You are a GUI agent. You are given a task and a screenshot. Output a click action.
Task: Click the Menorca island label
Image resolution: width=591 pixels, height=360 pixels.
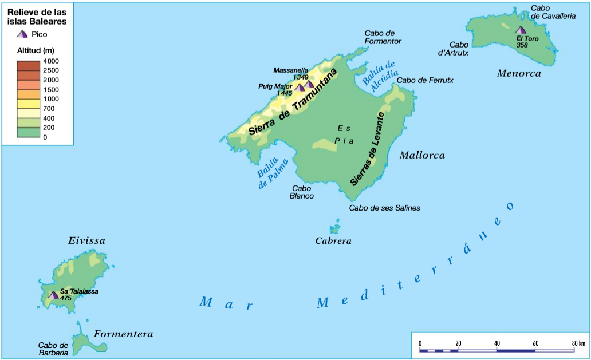519,73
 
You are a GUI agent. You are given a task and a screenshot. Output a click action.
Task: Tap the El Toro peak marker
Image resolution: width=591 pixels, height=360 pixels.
520,30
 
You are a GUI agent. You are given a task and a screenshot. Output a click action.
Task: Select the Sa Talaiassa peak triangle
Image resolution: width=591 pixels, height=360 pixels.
53,295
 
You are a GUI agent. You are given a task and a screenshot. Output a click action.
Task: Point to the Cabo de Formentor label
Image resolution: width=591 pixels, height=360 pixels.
383,37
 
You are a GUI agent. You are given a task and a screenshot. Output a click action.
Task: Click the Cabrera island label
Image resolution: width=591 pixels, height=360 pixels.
333,241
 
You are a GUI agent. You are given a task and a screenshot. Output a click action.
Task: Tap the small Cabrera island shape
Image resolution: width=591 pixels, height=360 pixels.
334,228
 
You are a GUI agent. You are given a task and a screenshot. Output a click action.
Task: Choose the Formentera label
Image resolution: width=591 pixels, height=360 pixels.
123,334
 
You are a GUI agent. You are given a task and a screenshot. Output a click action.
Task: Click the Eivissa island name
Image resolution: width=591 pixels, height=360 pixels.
86,241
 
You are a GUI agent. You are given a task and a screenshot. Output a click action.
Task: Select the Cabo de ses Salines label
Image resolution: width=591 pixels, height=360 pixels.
384,208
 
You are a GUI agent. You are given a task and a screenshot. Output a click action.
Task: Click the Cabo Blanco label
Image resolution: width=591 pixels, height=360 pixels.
302,192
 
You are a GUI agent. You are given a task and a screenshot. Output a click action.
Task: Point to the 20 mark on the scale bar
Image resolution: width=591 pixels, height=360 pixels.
458,343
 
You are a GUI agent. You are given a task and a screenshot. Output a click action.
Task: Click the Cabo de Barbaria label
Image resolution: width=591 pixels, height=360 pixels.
53,349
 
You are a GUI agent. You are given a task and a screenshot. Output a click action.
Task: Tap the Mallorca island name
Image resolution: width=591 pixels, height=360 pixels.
422,155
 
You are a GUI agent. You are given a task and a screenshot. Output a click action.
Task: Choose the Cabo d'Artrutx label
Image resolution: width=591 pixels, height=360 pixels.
459,49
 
